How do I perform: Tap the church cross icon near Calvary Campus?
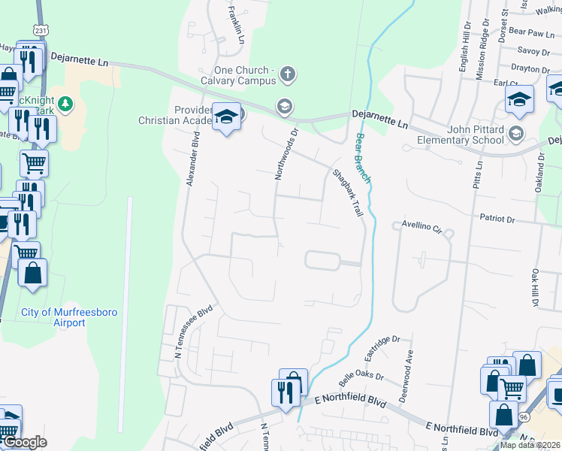click(x=287, y=74)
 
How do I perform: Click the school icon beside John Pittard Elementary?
click(x=515, y=135)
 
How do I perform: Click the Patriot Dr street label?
click(x=497, y=219)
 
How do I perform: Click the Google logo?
click(x=25, y=442)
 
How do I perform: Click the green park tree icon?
click(x=66, y=103)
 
